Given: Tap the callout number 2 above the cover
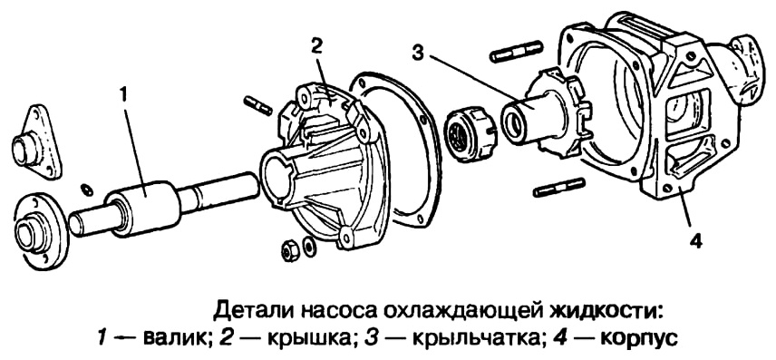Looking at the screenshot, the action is (x=316, y=45).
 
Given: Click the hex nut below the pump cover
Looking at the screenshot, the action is (x=289, y=251).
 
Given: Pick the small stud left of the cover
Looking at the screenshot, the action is (x=257, y=106).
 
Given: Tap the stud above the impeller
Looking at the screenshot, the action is (x=516, y=52).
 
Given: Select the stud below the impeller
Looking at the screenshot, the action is (x=559, y=187).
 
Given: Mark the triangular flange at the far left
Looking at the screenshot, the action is (x=37, y=142).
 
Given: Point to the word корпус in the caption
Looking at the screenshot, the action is (x=638, y=340).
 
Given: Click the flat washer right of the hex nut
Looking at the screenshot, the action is (x=309, y=246).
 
